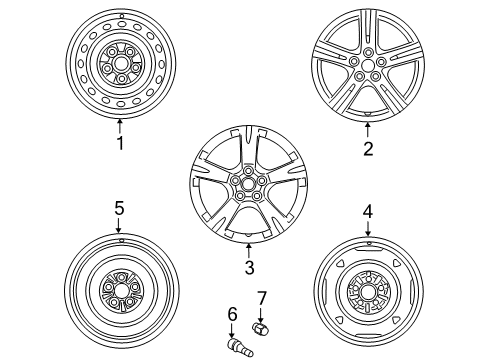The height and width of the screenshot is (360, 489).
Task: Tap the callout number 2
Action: point(368,149)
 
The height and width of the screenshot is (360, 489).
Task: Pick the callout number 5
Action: point(119,208)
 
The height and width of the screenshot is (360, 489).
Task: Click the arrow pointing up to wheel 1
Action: point(120,125)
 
